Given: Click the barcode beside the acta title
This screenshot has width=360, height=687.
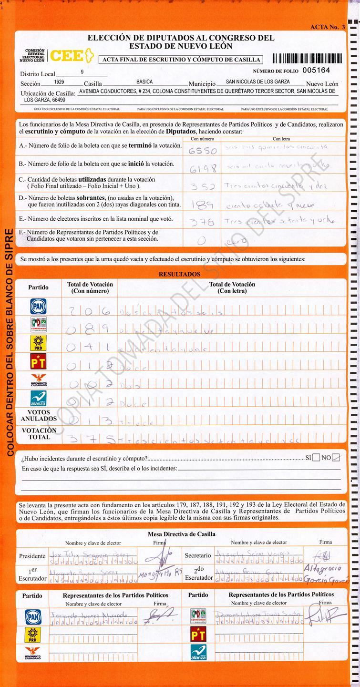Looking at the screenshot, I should click(307, 59).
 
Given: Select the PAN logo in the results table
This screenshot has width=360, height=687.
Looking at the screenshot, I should click(38, 306).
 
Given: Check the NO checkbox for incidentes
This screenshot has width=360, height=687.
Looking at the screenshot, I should click(336, 458).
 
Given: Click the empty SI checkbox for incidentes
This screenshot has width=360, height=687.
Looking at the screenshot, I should click(316, 458).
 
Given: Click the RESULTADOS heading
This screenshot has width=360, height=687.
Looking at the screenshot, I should click(179, 275).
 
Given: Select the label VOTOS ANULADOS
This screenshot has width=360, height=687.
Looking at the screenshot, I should click(39, 415).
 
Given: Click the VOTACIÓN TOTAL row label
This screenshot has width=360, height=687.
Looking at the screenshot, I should click(39, 433).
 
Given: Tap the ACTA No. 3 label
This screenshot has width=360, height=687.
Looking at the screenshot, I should click(327, 27).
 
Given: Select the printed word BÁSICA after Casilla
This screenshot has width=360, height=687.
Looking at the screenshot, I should click(144, 82).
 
